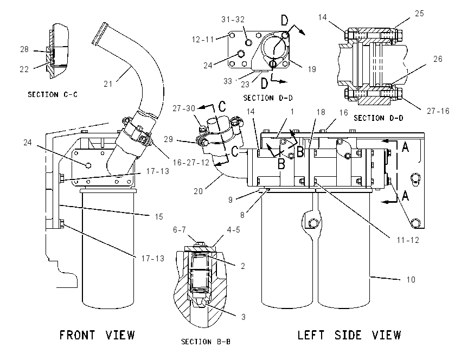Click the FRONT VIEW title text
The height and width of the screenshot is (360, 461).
pos(97,335)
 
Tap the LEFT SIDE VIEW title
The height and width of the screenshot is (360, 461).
pos(349,335)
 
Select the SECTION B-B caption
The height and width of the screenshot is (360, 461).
pos(206,342)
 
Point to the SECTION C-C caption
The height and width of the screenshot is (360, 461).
pos(53,95)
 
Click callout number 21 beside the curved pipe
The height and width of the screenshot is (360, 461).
pos(108,84)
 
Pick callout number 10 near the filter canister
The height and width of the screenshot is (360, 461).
pos(411,279)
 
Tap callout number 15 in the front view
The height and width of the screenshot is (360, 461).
pos(159,217)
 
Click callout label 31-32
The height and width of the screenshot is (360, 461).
pos(233,20)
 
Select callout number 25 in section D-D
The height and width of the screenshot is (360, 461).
pos(419,14)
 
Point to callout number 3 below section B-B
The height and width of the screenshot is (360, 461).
pos(243,317)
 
